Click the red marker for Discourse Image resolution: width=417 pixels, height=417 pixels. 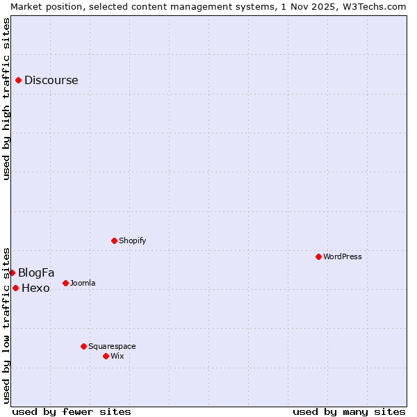click(18, 80)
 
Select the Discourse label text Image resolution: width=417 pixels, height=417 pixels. click(51, 80)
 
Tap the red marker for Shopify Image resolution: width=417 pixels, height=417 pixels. click(114, 240)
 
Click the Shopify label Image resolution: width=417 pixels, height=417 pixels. click(132, 240)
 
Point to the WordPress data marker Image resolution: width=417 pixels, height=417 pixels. click(318, 256)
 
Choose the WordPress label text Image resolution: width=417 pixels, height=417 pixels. click(342, 256)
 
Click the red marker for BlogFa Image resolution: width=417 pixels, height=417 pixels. click(12, 272)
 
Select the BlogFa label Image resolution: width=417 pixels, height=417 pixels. click(36, 272)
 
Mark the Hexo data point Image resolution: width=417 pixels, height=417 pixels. click(15, 288)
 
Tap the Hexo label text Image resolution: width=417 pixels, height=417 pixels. click(35, 288)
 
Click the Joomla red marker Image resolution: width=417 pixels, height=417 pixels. click(65, 283)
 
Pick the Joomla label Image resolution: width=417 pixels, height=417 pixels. click(83, 283)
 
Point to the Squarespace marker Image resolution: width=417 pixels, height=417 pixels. click(83, 346)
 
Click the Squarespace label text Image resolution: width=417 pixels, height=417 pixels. click(112, 346)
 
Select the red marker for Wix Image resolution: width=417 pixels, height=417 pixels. click(106, 356)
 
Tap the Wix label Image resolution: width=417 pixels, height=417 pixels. click(117, 356)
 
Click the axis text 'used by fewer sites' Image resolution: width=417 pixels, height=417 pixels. click(72, 411)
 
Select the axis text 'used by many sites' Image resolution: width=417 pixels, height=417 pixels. click(349, 411)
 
